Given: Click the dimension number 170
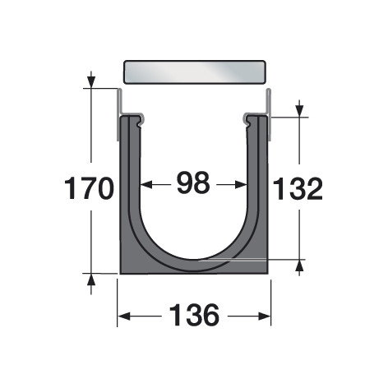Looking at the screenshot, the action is pyautogui.click(x=89, y=188).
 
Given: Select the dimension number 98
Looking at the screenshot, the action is pyautogui.click(x=193, y=182).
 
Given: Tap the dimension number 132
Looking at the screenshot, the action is pyautogui.click(x=298, y=188).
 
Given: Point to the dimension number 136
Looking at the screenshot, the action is pyautogui.click(x=195, y=315).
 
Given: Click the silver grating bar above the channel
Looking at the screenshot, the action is pyautogui.click(x=195, y=72).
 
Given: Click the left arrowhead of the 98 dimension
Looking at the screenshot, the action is pyautogui.click(x=146, y=185).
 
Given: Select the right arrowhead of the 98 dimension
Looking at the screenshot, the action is pyautogui.click(x=241, y=185).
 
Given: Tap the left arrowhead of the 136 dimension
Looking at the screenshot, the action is pyautogui.click(x=123, y=316).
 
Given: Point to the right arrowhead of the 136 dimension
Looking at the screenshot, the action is pyautogui.click(x=265, y=316).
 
